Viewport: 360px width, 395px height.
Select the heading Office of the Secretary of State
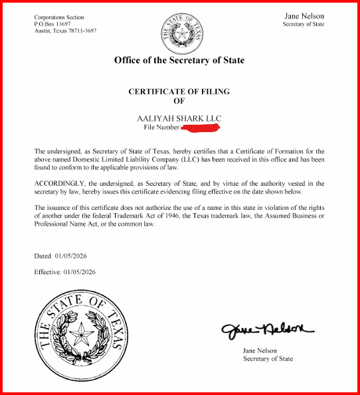coord(179,60)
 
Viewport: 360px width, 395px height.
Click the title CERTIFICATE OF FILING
coord(179,92)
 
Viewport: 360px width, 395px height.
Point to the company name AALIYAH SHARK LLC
coord(179,118)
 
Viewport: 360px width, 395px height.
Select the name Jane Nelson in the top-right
coord(304,15)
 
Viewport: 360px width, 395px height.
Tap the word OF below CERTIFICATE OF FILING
coord(179,101)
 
